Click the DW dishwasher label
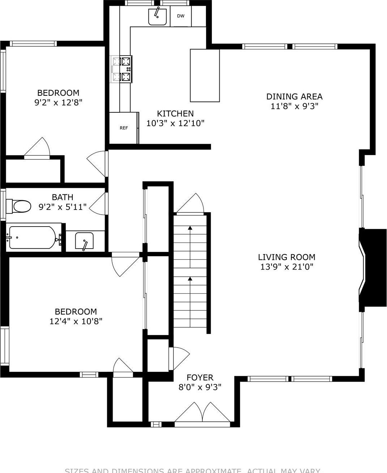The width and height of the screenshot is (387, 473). [181, 16]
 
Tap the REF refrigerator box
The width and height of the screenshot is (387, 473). [123, 128]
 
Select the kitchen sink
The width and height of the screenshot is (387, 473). [157, 17]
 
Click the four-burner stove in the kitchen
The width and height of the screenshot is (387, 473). [122, 69]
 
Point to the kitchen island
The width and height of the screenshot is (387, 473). [205, 75]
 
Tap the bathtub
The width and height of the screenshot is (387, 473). [33, 237]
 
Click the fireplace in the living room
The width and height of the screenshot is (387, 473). [371, 269]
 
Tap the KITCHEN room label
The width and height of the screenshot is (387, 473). [175, 113]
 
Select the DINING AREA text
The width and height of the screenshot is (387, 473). [294, 96]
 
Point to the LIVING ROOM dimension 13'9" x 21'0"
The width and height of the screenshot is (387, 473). [286, 267]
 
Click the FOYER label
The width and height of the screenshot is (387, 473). [200, 378]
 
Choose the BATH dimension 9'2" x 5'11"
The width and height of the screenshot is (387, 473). [63, 207]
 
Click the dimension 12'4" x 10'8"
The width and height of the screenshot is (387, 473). [76, 321]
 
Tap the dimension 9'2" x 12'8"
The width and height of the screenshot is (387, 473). [58, 103]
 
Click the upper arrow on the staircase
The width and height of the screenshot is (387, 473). [190, 228]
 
